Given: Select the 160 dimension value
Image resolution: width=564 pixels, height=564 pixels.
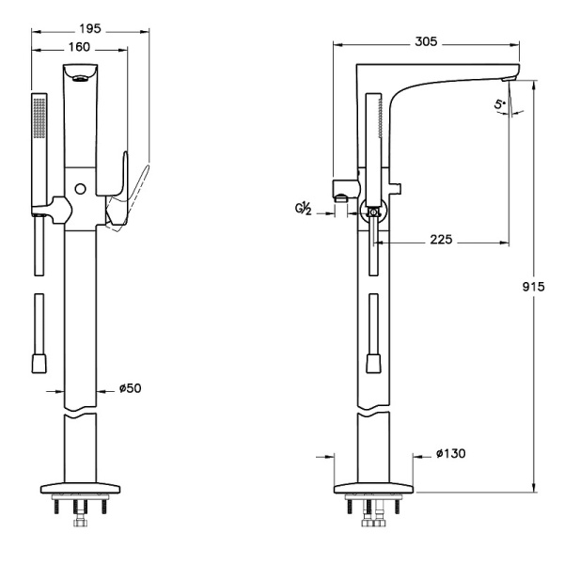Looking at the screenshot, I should pos(80,46).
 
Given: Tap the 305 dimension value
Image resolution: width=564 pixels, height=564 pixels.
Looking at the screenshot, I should pos(426,40).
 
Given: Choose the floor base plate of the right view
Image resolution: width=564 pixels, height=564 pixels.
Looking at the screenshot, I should pos(374,489).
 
